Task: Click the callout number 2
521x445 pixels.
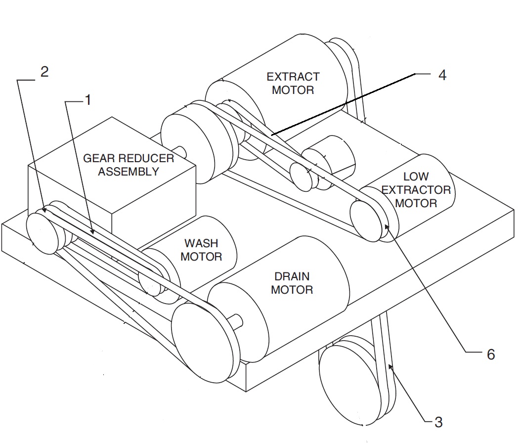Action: tap(44, 72)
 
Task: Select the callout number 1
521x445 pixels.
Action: tap(88, 100)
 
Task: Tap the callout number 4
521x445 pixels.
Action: tap(442, 75)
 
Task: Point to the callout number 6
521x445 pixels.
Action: tap(491, 355)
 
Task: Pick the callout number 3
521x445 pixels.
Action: tap(438, 422)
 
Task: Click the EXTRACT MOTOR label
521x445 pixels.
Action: tap(293, 84)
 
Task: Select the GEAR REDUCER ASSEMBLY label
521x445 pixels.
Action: tap(129, 165)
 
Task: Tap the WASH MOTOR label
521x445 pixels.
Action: tap(201, 250)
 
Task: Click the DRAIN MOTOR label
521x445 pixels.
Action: tap(292, 283)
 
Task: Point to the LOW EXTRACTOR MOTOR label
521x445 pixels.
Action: tap(416, 190)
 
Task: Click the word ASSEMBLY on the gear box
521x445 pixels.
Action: tap(129, 172)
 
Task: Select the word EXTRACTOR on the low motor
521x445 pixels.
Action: tap(416, 190)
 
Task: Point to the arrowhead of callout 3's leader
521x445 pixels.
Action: tap(391, 367)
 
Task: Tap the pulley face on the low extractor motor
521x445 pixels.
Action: tap(365, 221)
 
